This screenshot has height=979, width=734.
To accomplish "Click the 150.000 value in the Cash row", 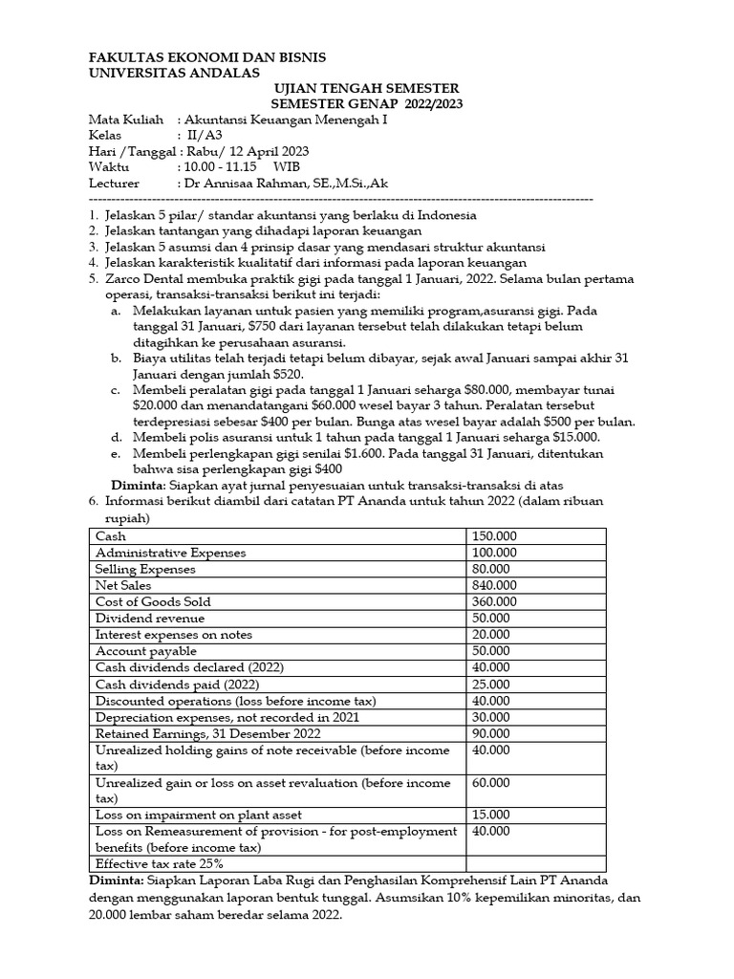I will (x=494, y=536).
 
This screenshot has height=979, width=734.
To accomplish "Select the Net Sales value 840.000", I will (x=494, y=585).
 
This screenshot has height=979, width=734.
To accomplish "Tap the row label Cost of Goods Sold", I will (x=154, y=601).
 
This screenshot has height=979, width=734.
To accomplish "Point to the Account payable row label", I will (x=141, y=650).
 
